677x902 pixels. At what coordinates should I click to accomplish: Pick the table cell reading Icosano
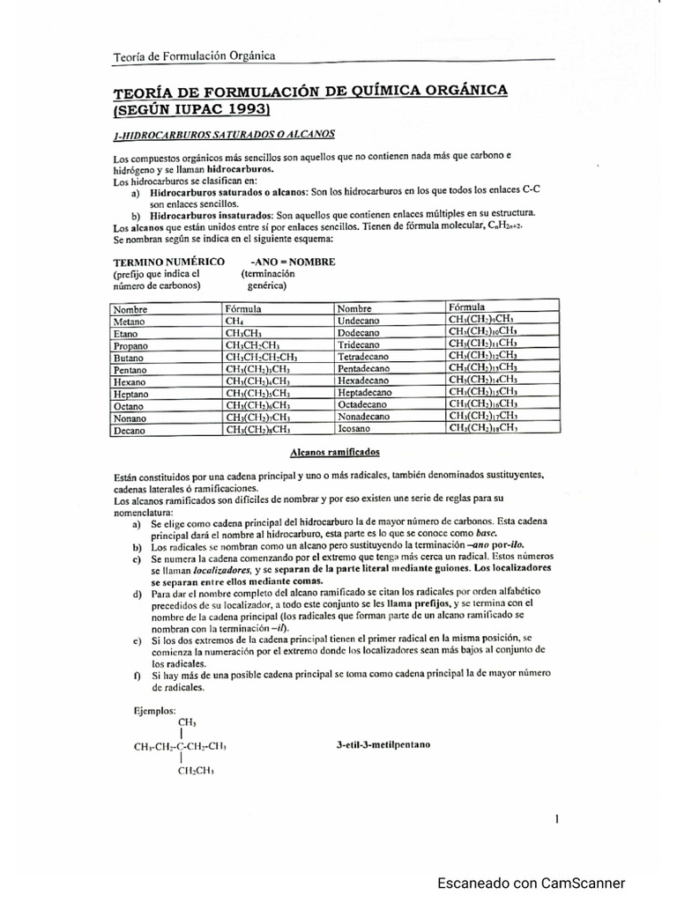tap(354, 429)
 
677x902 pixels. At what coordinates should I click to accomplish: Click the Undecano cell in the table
tap(358, 322)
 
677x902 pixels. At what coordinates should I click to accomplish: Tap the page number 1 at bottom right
tap(558, 818)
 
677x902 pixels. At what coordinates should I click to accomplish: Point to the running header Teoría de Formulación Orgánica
tap(195, 56)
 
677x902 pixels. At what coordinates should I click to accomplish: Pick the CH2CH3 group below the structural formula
tap(196, 771)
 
